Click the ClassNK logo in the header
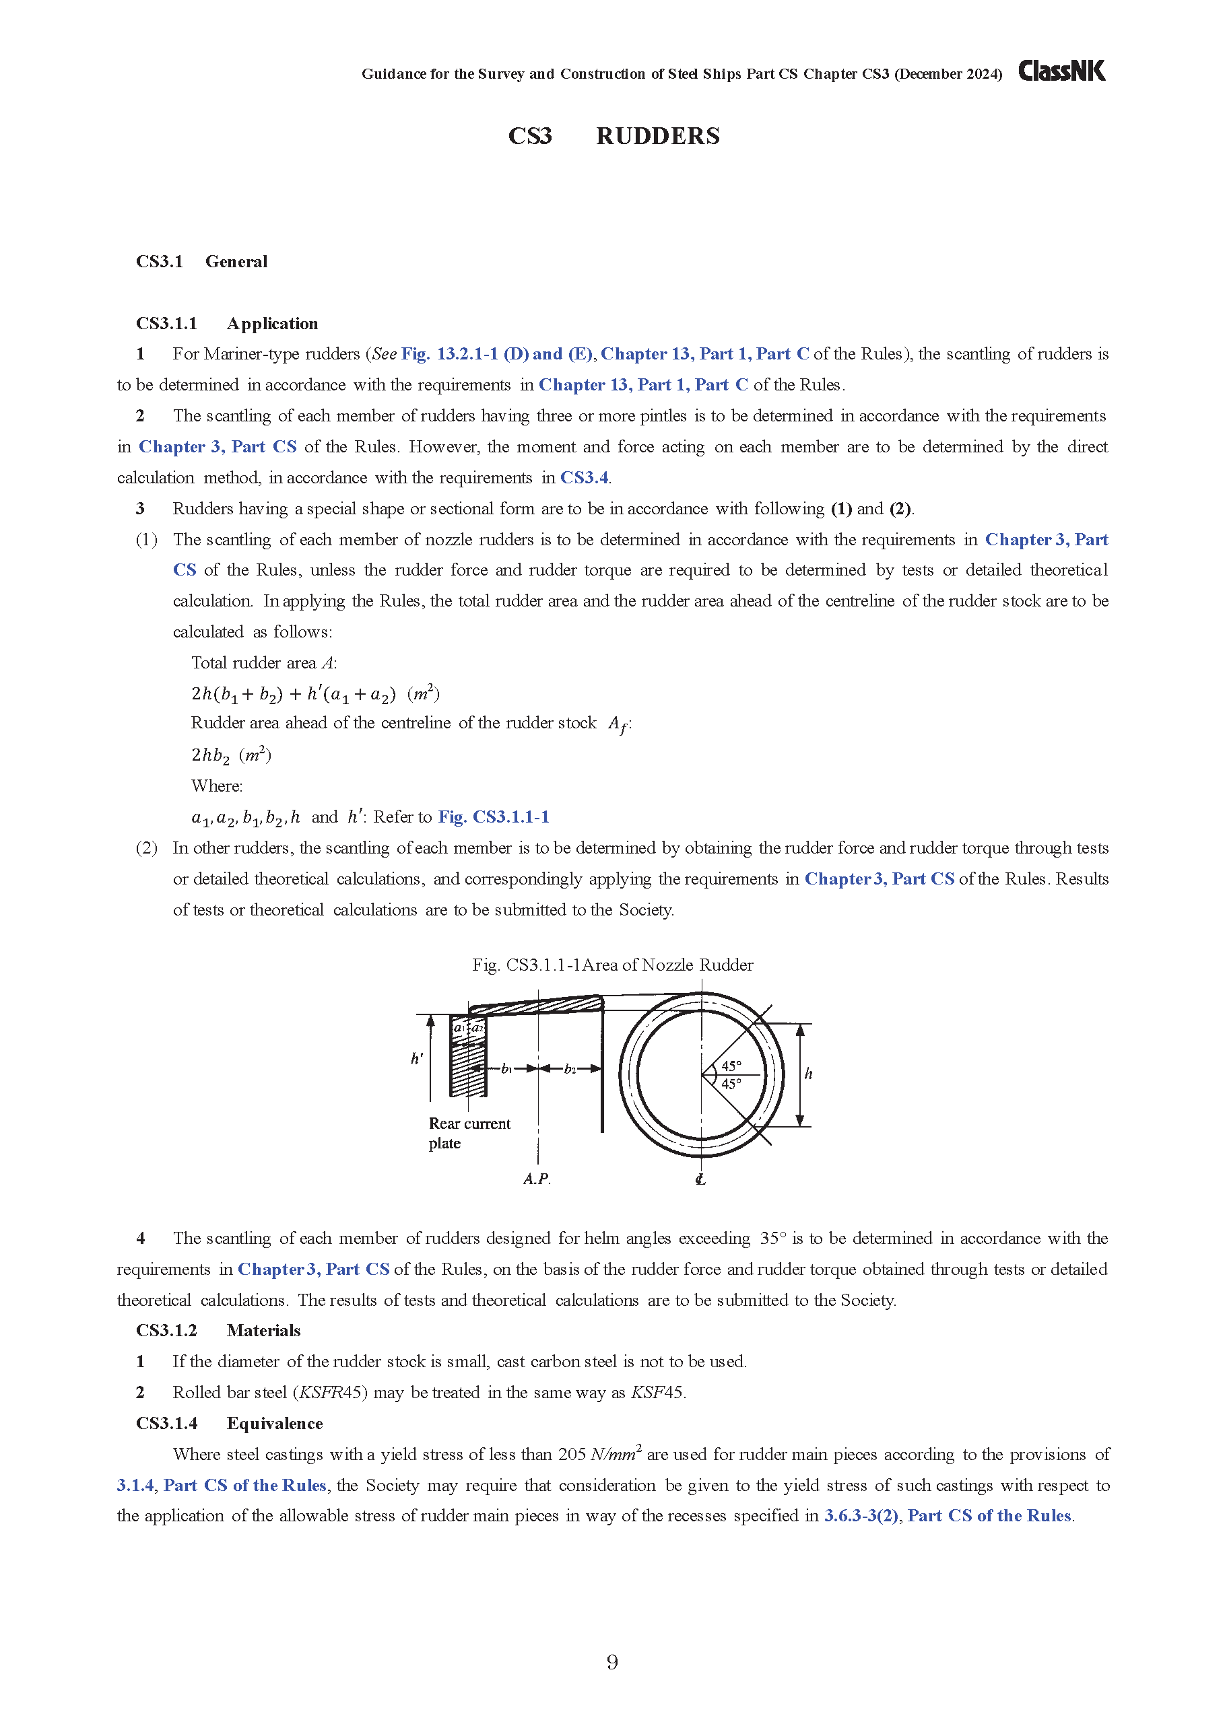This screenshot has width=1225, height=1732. point(1061,71)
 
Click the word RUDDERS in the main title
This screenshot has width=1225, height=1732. point(657,137)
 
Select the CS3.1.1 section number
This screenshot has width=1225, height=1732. point(166,324)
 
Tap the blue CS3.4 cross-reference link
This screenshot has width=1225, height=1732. point(584,477)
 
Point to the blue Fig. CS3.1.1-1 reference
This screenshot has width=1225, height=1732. point(494,817)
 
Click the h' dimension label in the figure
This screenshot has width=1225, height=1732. point(417,1058)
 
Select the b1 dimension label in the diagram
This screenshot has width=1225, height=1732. point(506,1069)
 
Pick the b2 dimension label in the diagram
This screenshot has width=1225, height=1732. point(570,1069)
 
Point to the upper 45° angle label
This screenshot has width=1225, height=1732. point(731,1065)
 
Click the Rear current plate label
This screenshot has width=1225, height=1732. point(469,1133)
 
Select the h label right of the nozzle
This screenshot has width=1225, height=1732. point(808,1074)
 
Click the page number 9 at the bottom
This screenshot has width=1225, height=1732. point(612,1662)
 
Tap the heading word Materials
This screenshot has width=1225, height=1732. point(263,1331)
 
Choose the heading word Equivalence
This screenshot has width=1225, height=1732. point(275,1424)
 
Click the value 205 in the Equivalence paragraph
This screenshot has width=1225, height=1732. point(571,1455)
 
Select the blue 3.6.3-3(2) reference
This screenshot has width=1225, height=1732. point(861,1516)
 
